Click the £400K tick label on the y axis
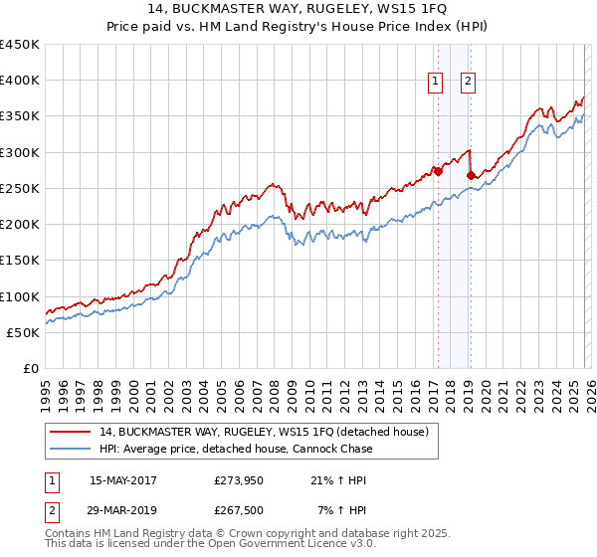[x=20, y=81]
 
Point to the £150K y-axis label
[x=20, y=261]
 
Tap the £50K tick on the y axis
[x=24, y=332]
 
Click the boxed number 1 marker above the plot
[x=436, y=83]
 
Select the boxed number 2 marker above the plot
[x=468, y=83]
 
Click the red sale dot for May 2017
[x=437, y=171]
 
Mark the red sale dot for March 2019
[x=471, y=176]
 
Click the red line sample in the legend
[x=72, y=433]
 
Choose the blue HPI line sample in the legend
[x=72, y=450]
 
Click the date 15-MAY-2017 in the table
[x=122, y=480]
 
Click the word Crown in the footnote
[x=255, y=534]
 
